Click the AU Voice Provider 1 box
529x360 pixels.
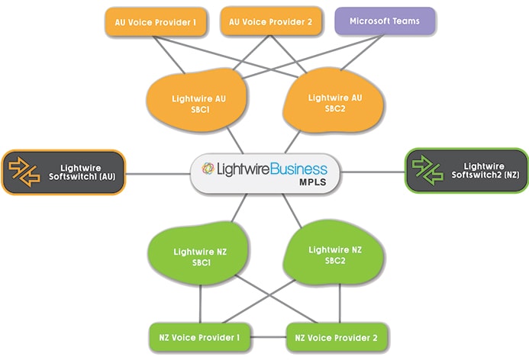tap(155, 22)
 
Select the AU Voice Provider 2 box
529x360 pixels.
tap(271, 22)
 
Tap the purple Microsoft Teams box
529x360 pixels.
tap(385, 21)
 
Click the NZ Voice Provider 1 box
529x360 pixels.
tap(199, 336)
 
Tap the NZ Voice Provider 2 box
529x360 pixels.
tap(337, 336)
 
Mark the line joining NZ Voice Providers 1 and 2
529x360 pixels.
tap(268, 336)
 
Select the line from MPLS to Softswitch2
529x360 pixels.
tap(369, 172)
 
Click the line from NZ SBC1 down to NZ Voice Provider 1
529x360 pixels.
tap(200, 306)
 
